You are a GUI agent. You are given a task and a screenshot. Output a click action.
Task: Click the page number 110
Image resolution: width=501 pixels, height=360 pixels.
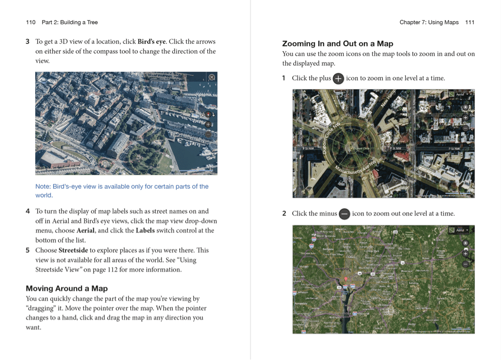pos(31,22)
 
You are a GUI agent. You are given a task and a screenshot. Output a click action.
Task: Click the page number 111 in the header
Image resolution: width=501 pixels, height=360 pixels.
pos(469,22)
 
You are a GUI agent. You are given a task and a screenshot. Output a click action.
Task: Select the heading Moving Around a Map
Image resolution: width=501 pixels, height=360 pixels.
pos(67,288)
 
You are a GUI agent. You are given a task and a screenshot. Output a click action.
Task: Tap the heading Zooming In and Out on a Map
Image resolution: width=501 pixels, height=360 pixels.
pos(338,44)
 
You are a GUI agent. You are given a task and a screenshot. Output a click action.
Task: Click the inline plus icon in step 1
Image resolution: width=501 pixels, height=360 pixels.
pos(339,78)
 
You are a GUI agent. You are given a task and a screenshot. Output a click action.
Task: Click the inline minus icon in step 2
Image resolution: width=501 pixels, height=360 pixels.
pos(344,214)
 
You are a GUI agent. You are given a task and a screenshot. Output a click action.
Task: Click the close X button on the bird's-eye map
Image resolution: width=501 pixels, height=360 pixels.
pos(212,77)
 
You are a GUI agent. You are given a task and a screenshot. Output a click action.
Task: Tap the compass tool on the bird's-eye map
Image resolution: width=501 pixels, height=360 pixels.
pos(208,115)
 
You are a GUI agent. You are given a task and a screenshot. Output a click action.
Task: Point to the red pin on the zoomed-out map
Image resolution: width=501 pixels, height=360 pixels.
pos(346,278)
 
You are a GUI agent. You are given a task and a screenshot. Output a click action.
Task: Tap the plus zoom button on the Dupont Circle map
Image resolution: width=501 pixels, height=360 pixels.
pos(465,117)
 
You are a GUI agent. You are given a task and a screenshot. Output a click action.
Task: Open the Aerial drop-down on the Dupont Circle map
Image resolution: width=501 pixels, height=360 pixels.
pos(461,94)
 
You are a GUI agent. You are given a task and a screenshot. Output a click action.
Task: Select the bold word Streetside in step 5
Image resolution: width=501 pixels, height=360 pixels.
pos(73,250)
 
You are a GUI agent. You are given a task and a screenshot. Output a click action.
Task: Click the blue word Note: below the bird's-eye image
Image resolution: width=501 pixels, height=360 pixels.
pos(43,187)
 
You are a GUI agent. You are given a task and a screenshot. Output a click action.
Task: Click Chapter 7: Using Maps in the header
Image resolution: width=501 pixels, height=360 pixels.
pos(429,22)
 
